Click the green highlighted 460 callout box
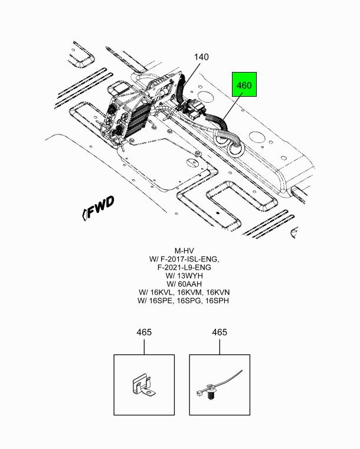(244, 84)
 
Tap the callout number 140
(201, 57)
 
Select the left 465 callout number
(144, 332)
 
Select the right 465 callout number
(220, 332)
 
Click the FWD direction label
(98, 208)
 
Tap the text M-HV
(184, 251)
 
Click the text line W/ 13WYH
(184, 276)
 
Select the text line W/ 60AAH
(184, 284)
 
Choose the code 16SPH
(217, 301)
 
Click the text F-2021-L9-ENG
(184, 267)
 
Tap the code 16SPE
(161, 301)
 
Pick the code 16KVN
(218, 293)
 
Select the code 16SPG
(189, 301)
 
